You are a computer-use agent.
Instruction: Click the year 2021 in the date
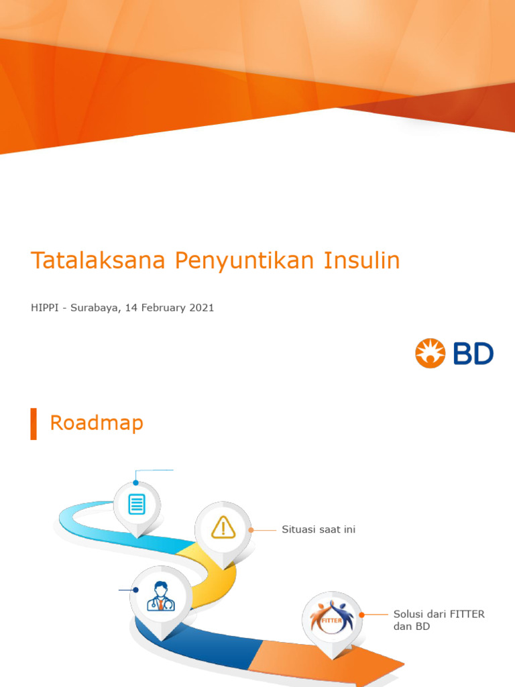(201, 308)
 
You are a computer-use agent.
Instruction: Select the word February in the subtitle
(163, 308)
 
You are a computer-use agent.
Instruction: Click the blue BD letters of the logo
(473, 354)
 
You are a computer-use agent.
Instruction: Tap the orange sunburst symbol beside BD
(431, 354)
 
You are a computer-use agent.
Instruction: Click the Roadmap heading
(97, 423)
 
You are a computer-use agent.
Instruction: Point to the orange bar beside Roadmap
(34, 423)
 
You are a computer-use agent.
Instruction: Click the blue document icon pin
(137, 504)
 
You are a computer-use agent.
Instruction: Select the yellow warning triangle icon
(223, 527)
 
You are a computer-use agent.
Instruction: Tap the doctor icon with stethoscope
(160, 596)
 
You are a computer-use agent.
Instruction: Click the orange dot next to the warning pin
(251, 530)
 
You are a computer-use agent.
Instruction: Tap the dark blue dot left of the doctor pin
(136, 590)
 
